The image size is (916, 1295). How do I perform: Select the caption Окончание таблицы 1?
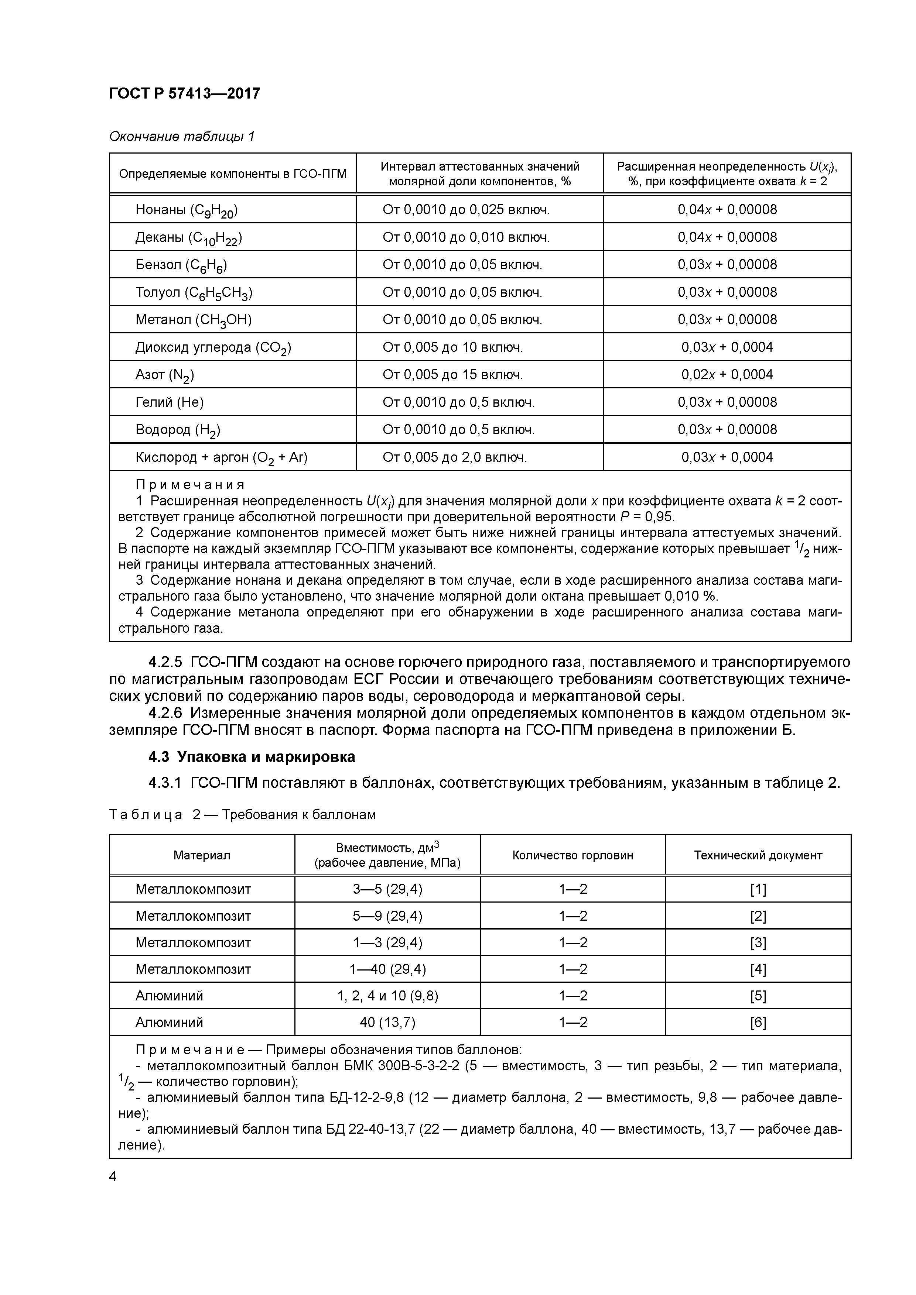[182, 137]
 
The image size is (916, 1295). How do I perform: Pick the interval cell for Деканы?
[466, 237]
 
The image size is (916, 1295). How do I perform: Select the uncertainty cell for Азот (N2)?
[727, 375]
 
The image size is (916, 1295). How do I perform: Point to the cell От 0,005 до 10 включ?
[452, 347]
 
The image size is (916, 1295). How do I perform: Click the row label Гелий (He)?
[169, 402]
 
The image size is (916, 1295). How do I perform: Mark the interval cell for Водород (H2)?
[458, 430]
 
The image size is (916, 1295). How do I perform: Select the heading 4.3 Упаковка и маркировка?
[252, 757]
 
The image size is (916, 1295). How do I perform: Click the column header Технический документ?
[758, 855]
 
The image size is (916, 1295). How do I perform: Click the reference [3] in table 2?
[758, 942]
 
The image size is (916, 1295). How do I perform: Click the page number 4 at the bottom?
[113, 1177]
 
